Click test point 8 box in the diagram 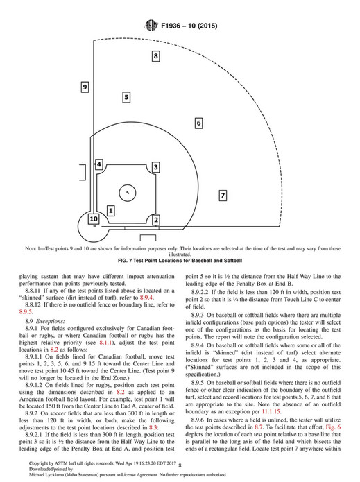(156, 55)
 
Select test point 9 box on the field (84, 87)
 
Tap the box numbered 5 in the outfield (126, 98)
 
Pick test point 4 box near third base (99, 164)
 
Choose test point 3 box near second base (156, 167)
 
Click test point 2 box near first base (157, 220)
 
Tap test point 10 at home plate (93, 219)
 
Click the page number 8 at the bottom (180, 467)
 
